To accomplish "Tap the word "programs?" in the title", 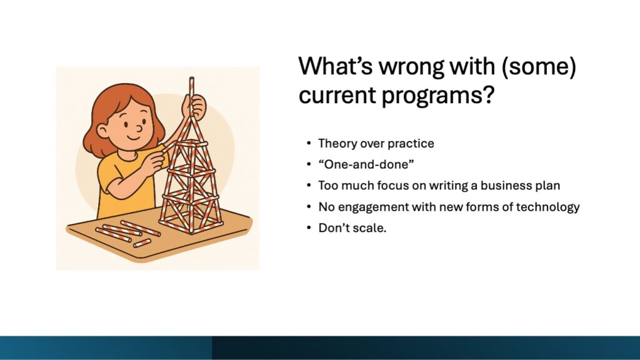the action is click(x=438, y=96).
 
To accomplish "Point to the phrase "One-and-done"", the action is click(x=366, y=164).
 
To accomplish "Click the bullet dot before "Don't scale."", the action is click(x=309, y=227).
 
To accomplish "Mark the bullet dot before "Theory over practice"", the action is click(x=309, y=144).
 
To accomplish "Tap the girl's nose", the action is click(x=139, y=128).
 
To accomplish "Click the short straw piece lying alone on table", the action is click(x=142, y=243).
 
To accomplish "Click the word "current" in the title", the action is click(x=337, y=95).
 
